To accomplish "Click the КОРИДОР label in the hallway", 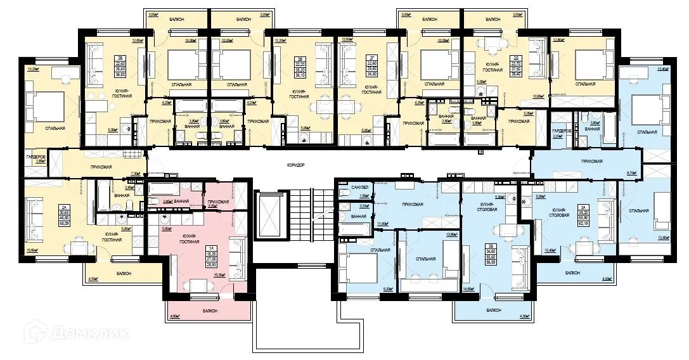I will click(x=296, y=165).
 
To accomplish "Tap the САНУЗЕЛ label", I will click(x=346, y=189).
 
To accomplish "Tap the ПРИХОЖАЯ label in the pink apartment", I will click(x=219, y=202).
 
